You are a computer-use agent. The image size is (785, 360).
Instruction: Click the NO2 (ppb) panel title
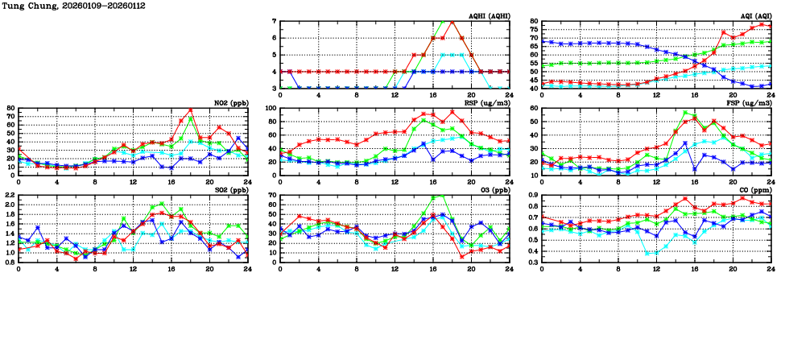[x=229, y=102]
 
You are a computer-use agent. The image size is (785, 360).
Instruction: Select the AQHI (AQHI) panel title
[x=489, y=15]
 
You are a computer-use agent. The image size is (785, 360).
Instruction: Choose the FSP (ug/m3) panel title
[x=753, y=102]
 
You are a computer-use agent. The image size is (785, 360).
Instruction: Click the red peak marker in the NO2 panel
[x=191, y=110]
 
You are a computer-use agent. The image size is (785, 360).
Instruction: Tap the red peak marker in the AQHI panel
[x=452, y=21]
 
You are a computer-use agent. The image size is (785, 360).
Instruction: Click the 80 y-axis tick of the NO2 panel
[x=10, y=108]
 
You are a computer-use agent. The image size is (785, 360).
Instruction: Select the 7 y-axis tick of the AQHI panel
[x=275, y=21]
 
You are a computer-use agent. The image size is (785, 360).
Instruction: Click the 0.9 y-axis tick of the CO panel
[x=533, y=195]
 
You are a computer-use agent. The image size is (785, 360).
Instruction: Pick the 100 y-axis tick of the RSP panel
[x=271, y=108]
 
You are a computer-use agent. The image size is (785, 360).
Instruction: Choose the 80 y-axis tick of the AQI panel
[x=535, y=21]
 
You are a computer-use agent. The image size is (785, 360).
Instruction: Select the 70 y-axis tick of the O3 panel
[x=272, y=195]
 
